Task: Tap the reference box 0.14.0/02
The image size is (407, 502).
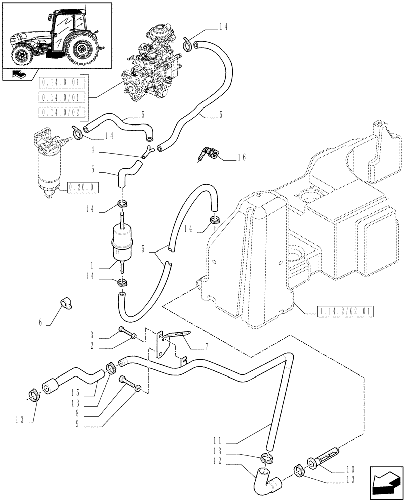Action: click(x=62, y=112)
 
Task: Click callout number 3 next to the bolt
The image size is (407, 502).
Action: click(x=93, y=335)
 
